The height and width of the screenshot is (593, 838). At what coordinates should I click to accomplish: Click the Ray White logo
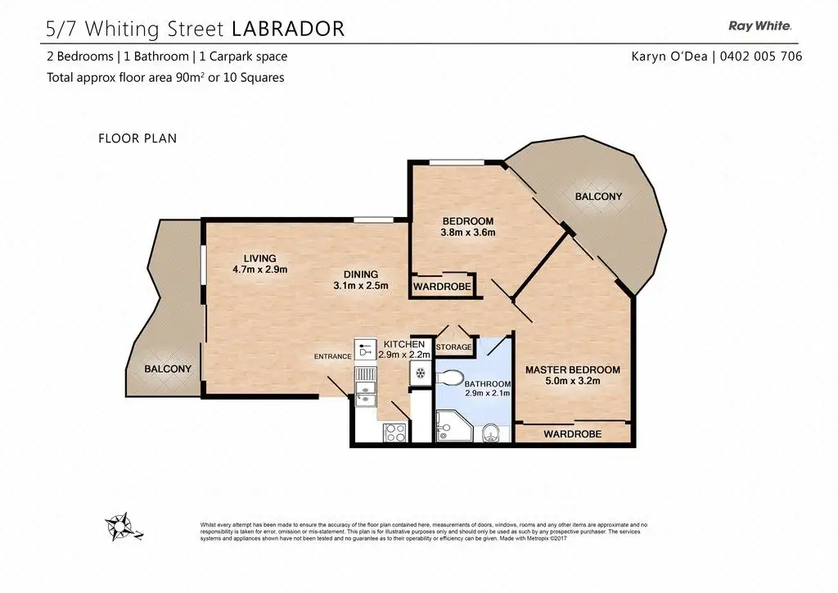point(759,25)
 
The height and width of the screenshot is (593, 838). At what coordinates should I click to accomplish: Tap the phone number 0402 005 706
point(761,57)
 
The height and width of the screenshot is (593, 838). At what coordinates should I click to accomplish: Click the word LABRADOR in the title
point(289,29)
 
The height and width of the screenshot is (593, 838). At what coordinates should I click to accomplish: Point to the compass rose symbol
point(121,527)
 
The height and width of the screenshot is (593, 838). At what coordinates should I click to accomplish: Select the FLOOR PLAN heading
point(137,138)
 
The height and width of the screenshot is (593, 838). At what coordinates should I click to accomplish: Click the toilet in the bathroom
point(449,378)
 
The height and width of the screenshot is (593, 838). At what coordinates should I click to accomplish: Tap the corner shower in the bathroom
point(453,426)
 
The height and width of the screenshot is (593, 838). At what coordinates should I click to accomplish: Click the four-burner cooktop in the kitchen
point(395,432)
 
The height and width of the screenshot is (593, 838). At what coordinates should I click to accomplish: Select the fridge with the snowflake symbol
point(421,373)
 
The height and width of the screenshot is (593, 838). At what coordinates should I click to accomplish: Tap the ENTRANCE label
point(332,356)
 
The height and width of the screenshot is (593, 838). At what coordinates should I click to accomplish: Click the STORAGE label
point(453,347)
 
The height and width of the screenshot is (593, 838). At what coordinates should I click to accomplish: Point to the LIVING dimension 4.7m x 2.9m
point(259,269)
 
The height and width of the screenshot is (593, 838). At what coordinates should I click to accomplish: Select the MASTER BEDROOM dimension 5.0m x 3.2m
point(572,381)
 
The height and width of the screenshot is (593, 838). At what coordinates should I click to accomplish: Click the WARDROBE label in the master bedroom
point(572,434)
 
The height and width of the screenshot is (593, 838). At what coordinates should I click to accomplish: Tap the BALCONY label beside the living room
point(168,369)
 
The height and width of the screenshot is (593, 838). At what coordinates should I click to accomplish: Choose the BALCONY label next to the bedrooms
point(598,197)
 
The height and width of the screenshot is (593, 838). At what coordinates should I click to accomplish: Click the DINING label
point(361,274)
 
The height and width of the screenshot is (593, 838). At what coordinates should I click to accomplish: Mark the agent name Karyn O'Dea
point(669,57)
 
